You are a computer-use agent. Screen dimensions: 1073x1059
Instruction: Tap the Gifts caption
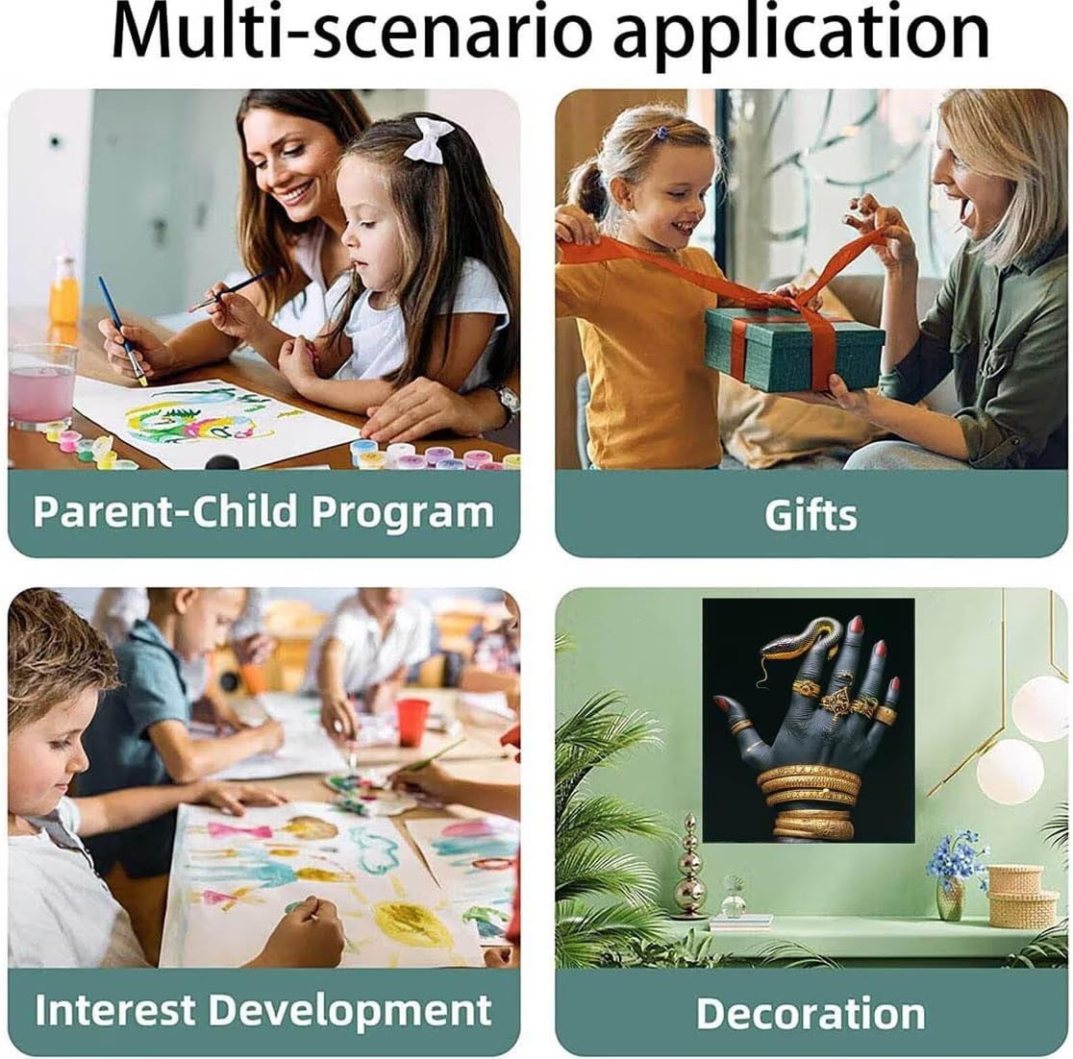811,514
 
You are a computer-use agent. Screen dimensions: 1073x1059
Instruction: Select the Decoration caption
811,1013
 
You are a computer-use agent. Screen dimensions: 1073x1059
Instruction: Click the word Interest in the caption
114,1010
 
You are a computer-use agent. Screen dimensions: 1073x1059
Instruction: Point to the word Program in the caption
402,512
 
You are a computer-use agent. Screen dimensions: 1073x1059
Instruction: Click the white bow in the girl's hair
429,139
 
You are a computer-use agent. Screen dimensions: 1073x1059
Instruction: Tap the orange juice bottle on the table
64,291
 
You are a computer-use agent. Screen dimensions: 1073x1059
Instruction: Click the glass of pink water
41,385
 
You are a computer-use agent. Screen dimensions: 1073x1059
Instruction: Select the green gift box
794,348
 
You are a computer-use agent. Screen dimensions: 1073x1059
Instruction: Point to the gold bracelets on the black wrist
810,800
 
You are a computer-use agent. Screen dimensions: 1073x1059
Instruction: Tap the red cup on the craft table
412,722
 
